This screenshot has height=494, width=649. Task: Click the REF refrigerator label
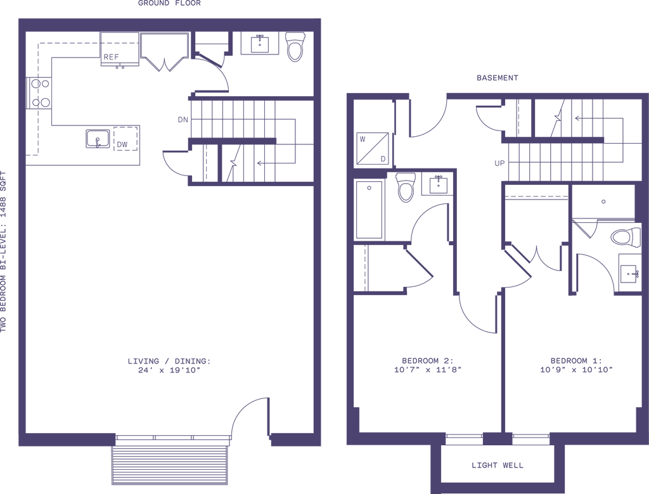(111, 57)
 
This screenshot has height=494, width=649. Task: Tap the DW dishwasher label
(122, 145)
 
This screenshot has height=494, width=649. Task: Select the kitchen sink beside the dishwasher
(98, 139)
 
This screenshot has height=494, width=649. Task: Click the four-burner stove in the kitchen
(39, 94)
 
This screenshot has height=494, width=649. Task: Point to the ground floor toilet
(295, 47)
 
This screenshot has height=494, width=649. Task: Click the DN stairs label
(183, 120)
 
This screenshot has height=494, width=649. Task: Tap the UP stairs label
(499, 163)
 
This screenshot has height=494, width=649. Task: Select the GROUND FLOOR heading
(169, 3)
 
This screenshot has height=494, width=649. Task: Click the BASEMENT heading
(497, 78)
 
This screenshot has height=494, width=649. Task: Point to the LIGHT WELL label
(497, 465)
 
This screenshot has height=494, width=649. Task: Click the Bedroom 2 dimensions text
(428, 370)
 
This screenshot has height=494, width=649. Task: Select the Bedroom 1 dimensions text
(576, 370)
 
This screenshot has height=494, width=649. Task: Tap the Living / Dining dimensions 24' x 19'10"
(169, 370)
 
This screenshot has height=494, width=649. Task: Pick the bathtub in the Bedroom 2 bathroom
(369, 210)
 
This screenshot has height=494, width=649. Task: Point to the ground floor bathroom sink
(260, 44)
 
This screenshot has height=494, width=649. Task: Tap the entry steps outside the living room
(170, 465)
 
